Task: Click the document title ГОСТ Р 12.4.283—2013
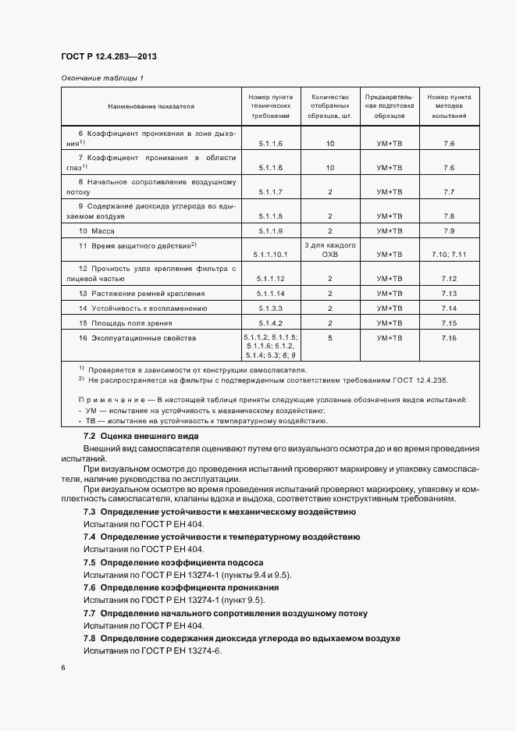113,58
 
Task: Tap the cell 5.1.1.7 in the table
269,191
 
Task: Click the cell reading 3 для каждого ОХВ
330,250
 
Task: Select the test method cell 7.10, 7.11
448,255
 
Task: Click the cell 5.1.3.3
269,308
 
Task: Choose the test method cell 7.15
448,323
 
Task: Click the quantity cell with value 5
330,338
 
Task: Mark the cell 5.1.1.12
269,279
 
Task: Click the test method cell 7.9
448,231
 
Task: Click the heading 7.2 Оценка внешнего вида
141,436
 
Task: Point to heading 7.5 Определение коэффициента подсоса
173,562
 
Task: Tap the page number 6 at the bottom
63,669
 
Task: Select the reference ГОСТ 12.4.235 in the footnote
415,380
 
